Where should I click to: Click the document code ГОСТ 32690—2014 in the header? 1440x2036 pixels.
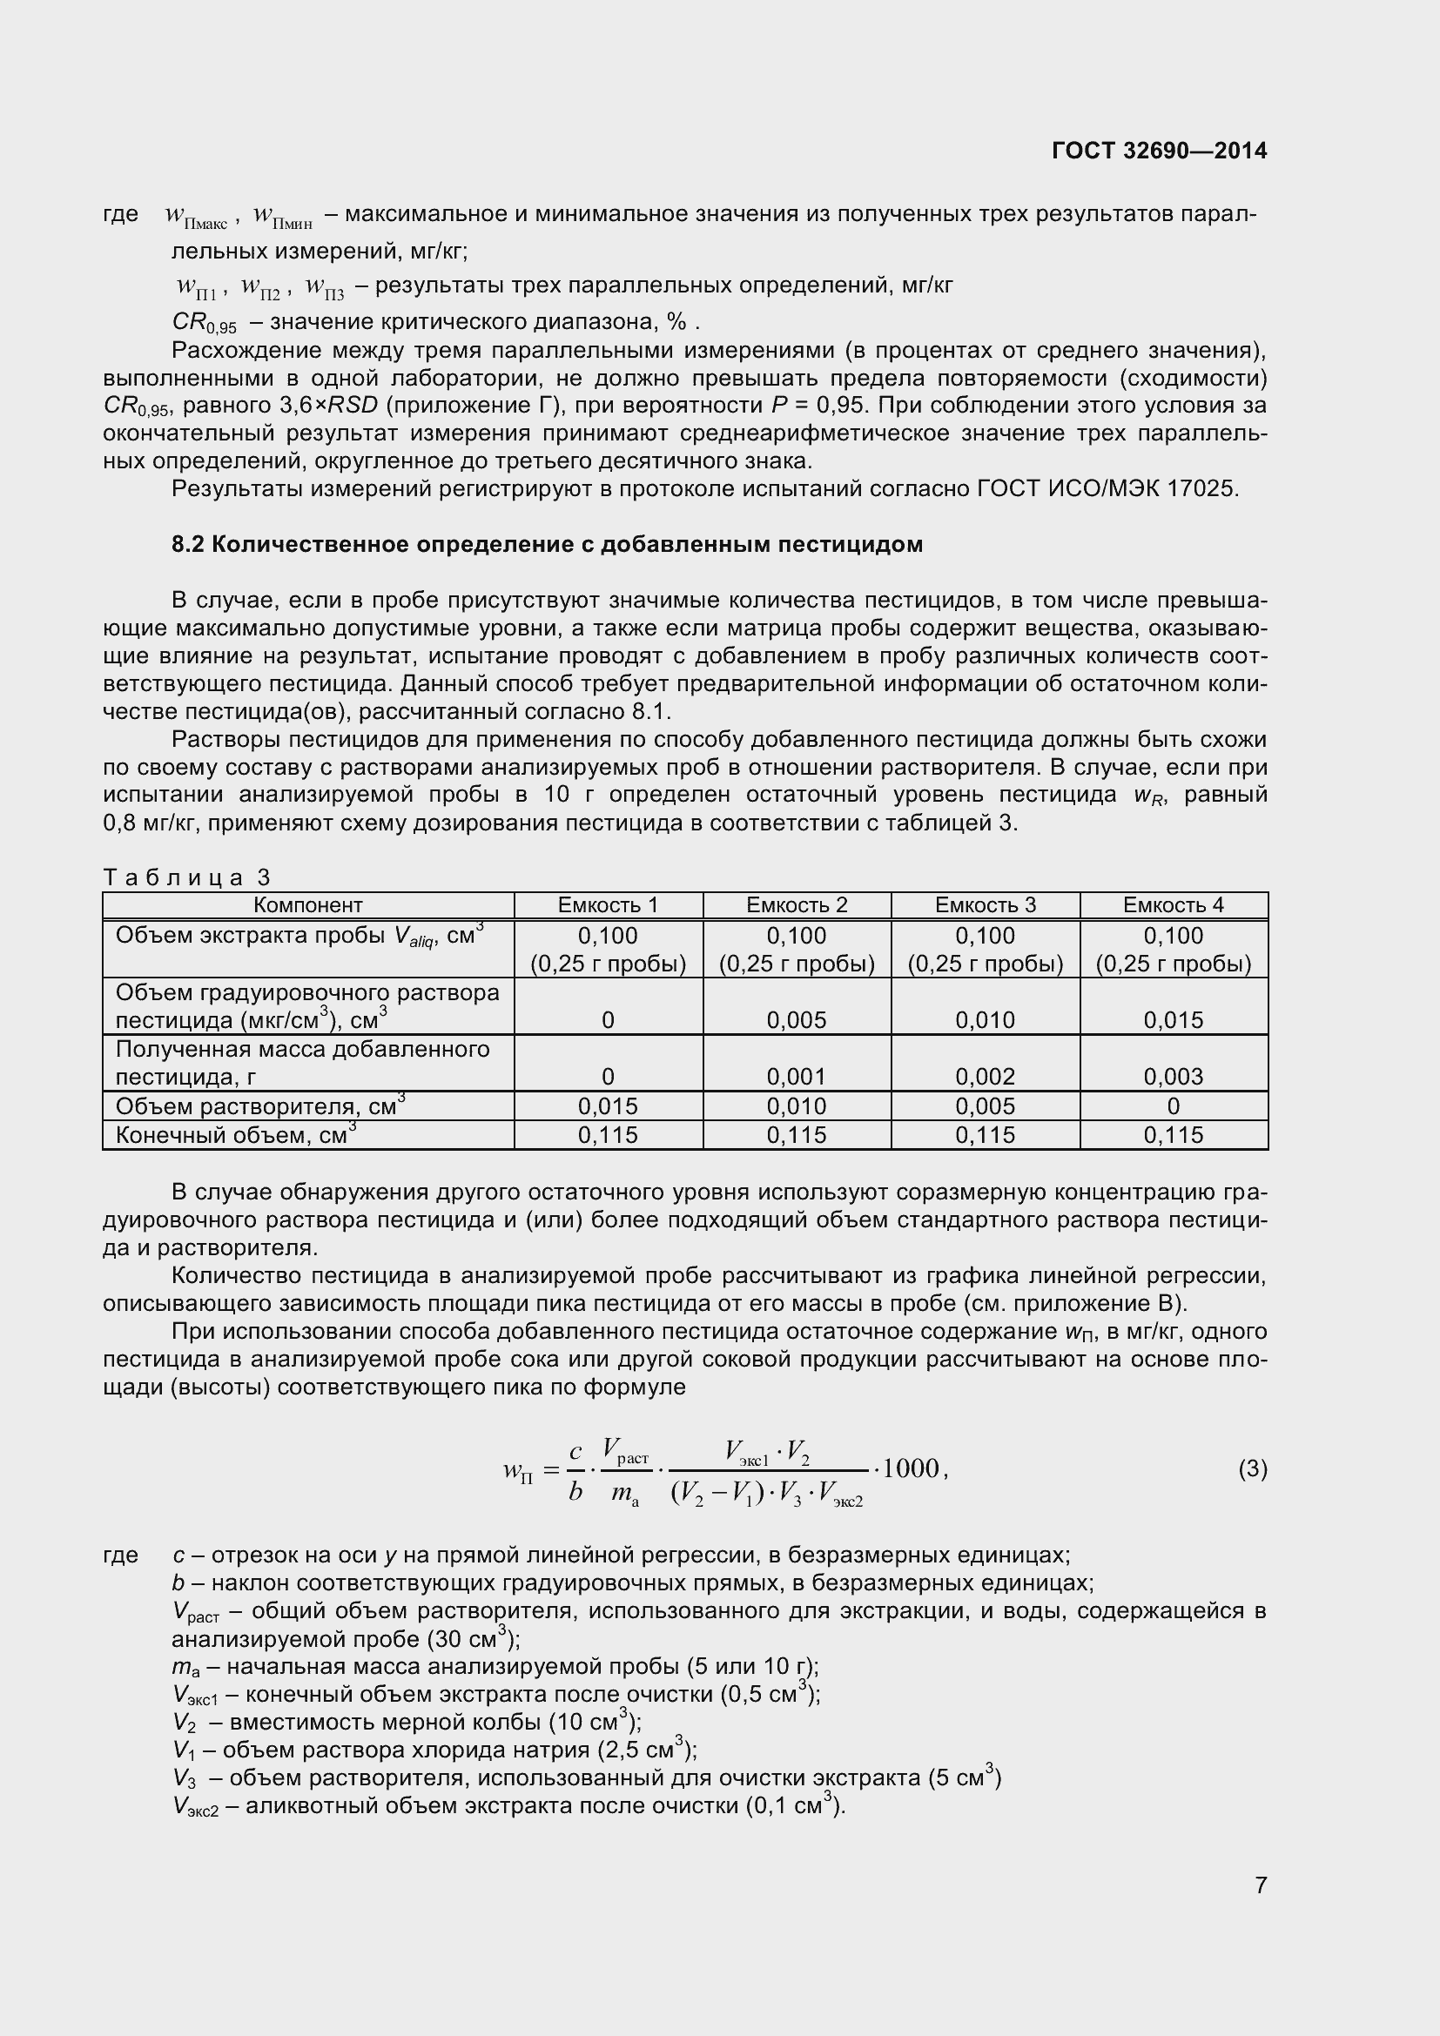[x=1159, y=151]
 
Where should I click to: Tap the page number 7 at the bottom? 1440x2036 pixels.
[x=1261, y=1909]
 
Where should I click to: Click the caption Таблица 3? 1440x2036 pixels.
[x=186, y=877]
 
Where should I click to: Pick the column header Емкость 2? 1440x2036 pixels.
[x=797, y=904]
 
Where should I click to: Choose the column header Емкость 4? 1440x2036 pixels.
[x=1173, y=904]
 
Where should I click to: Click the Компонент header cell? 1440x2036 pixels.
[x=307, y=904]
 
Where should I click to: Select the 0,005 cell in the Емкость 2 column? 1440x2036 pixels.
[x=797, y=1020]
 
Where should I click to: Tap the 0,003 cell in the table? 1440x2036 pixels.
[x=1173, y=1077]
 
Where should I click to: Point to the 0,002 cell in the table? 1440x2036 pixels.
[x=986, y=1077]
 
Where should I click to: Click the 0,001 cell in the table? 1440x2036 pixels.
[x=797, y=1077]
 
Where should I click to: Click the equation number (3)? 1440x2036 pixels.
[x=1252, y=1469]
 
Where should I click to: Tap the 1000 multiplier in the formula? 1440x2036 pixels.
[x=911, y=1468]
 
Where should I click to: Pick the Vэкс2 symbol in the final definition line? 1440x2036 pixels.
[x=195, y=1807]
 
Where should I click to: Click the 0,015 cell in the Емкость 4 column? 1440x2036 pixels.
[x=1173, y=1020]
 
